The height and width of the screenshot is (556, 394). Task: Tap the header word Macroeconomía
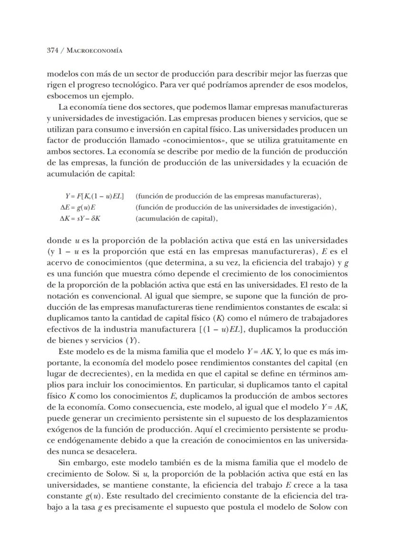94,51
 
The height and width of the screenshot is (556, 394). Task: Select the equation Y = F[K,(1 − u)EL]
95,196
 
